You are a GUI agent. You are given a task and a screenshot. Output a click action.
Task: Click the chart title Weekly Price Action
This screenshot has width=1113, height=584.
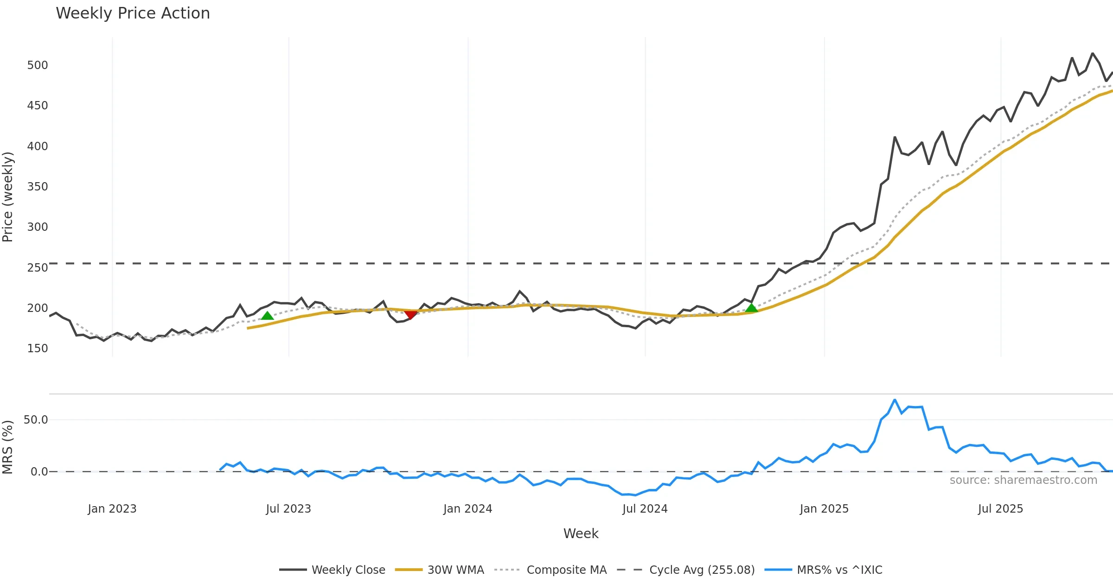click(133, 13)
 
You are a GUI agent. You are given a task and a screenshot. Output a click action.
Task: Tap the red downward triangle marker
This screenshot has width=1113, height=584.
click(410, 315)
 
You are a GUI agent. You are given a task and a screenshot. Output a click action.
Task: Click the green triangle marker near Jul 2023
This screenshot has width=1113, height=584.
click(267, 316)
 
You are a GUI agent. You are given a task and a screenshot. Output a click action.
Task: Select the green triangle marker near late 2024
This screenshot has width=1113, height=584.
click(751, 308)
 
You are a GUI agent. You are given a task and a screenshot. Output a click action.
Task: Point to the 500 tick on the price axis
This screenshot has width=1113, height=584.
click(37, 65)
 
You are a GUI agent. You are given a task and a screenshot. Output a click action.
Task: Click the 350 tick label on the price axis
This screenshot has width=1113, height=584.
click(37, 187)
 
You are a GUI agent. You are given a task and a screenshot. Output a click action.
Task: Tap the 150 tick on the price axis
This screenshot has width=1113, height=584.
click(37, 349)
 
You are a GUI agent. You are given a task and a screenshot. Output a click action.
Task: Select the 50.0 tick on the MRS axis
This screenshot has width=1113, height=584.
click(36, 420)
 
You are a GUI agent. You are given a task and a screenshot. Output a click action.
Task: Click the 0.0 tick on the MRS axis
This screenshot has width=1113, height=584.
click(39, 472)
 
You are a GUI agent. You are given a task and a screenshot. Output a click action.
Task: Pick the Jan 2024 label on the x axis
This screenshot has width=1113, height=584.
click(467, 509)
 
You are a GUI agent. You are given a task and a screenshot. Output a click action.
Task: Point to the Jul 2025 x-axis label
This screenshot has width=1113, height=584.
click(1000, 509)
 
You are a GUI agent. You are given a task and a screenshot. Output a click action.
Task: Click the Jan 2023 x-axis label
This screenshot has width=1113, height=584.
click(112, 509)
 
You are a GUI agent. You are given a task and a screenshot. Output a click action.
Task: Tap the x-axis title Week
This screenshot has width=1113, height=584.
click(581, 534)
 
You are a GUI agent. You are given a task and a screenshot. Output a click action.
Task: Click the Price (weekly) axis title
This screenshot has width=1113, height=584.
click(8, 197)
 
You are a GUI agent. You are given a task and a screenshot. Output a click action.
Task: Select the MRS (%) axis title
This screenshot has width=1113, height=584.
click(8, 447)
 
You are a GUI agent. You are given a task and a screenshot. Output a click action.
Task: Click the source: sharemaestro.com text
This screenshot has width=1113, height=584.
click(1023, 480)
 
